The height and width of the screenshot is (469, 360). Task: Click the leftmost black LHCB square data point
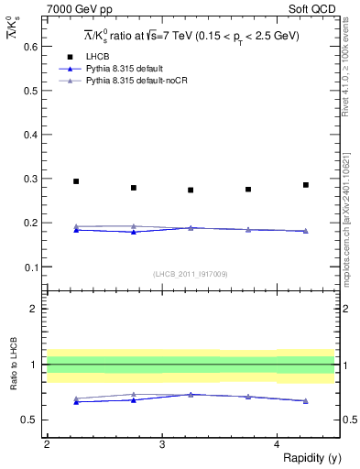(x=76, y=181)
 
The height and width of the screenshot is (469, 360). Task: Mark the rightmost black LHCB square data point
(x=306, y=185)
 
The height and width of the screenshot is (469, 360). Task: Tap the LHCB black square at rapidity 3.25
(x=191, y=191)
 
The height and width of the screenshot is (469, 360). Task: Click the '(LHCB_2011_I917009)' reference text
(x=191, y=273)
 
